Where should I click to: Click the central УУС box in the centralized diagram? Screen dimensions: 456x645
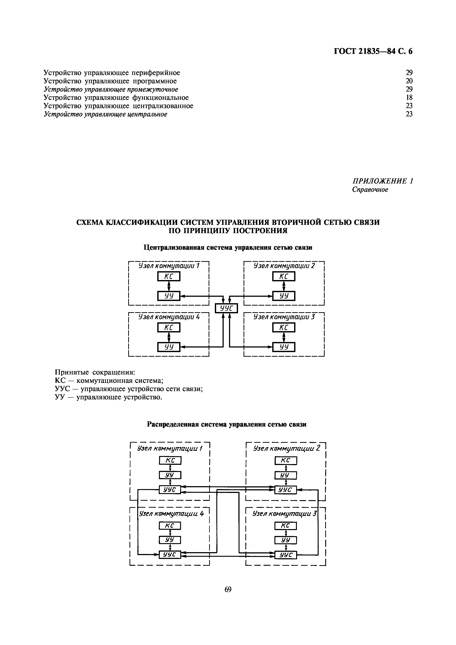click(226, 309)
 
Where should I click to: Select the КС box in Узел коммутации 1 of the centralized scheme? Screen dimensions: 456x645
click(168, 277)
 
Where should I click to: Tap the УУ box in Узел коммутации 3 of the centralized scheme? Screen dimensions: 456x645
click(284, 347)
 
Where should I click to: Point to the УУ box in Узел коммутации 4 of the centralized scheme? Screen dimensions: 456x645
click(168, 347)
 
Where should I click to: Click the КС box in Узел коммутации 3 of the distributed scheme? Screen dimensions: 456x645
click(285, 526)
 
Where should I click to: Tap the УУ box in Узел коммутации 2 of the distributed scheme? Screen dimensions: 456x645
click(285, 475)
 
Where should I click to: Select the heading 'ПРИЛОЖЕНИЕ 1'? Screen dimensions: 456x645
click(383, 181)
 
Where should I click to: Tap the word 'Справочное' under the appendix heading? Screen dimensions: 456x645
click(370, 190)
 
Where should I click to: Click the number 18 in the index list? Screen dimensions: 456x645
click(409, 97)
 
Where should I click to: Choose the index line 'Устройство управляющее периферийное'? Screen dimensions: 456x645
click(112, 73)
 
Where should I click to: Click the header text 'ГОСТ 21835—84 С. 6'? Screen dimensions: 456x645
click(373, 51)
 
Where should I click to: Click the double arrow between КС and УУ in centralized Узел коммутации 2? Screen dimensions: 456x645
click(284, 286)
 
